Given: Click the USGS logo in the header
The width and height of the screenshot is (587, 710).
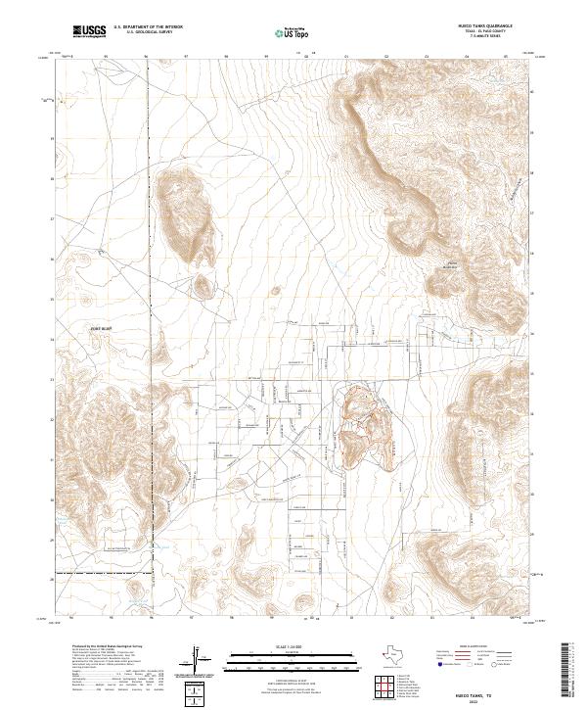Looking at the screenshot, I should coord(90,31).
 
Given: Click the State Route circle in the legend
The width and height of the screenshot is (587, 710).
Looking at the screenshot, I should coord(518,663).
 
